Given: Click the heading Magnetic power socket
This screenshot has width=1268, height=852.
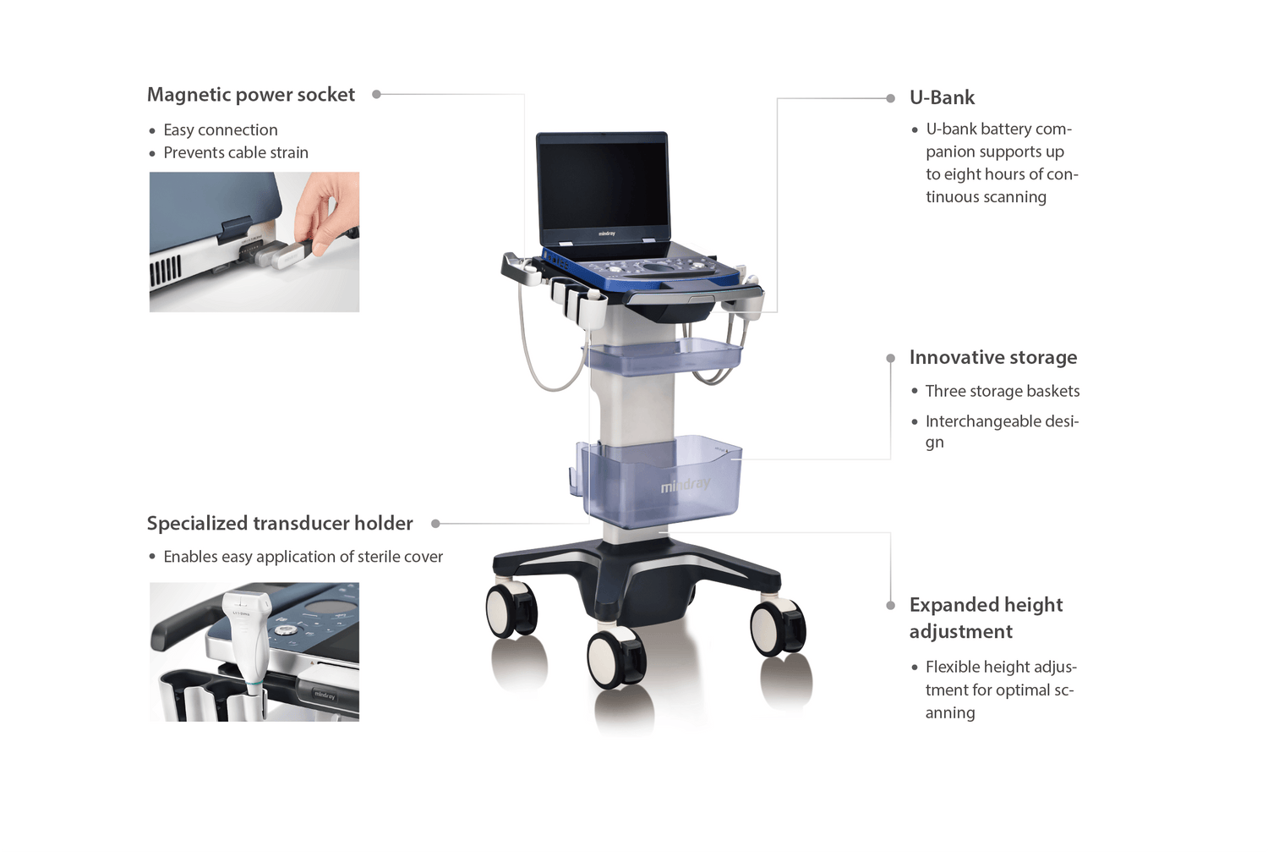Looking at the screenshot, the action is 251,95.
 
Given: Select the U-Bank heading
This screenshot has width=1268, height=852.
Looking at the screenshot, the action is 942,97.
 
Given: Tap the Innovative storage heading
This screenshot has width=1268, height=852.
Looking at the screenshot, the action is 993,357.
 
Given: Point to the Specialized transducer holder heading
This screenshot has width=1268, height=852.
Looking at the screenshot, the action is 280,524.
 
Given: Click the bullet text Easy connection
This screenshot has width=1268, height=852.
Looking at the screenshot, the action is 220,129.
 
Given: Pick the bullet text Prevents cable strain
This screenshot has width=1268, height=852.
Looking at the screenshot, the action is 236,152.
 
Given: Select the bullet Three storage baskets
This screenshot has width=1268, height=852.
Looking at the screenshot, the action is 1002,391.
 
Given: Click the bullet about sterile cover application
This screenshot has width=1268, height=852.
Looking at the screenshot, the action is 303,557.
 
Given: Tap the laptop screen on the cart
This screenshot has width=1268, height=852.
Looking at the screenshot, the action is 602,186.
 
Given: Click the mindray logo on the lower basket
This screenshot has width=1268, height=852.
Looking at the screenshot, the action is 685,485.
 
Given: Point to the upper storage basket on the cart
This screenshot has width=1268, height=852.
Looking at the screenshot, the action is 662,355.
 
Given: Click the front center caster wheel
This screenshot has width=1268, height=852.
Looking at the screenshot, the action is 616,658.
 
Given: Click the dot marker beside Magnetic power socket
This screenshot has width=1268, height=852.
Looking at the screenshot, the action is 376,95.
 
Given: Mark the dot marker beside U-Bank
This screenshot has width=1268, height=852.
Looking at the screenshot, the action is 890,99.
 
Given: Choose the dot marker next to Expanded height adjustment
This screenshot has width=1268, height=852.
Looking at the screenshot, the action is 890,606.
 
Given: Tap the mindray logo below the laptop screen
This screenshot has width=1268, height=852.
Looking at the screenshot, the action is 606,234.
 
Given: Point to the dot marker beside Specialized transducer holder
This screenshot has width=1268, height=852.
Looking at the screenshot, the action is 435,524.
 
